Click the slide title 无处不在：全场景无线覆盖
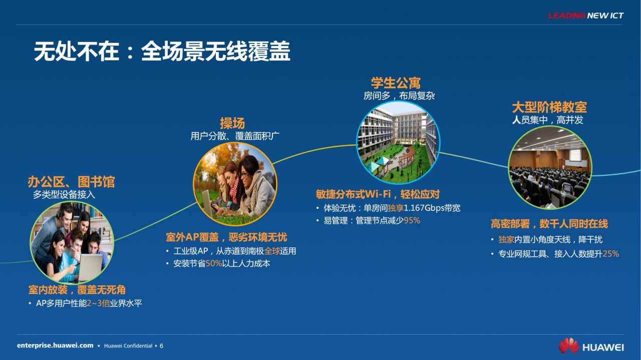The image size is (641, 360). [162, 51]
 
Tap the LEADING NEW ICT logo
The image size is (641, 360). [586, 16]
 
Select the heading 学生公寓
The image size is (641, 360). [396, 83]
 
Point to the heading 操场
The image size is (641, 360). [232, 123]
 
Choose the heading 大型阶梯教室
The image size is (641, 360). [549, 108]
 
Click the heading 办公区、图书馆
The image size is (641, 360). [71, 182]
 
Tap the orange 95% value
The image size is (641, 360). [412, 221]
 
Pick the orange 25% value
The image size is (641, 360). [610, 254]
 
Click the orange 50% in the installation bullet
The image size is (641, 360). [214, 263]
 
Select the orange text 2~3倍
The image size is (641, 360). [99, 303]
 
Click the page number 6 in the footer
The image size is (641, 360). [161, 346]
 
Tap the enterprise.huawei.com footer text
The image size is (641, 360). [55, 345]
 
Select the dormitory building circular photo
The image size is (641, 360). [398, 142]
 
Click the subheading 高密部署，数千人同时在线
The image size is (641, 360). [549, 224]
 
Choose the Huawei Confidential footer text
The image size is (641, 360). [128, 346]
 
